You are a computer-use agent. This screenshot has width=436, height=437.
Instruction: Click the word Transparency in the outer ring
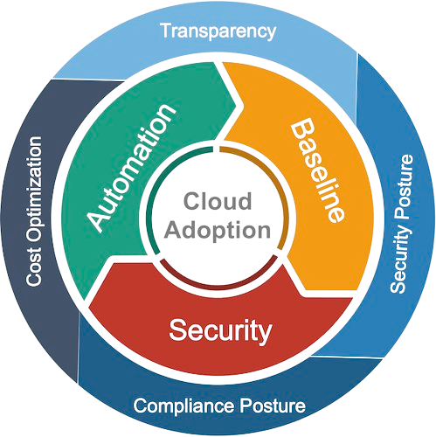tap(218, 32)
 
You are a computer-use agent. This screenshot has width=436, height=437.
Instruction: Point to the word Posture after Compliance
tap(273, 406)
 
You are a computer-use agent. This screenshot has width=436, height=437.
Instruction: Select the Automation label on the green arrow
tap(132, 168)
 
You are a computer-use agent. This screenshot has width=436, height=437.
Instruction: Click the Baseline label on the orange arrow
tap(317, 171)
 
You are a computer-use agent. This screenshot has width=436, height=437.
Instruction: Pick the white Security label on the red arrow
tap(220, 330)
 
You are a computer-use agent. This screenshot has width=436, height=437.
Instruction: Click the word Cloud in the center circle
tap(218, 201)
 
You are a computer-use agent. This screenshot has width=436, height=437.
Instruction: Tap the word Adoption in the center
tap(218, 231)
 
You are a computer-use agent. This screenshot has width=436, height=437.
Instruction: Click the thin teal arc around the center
tap(152, 190)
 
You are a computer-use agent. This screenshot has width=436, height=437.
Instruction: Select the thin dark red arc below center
tap(218, 288)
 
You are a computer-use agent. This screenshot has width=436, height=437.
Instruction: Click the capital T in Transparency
tap(167, 31)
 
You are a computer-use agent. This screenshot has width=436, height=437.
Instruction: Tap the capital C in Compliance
tap(141, 406)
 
